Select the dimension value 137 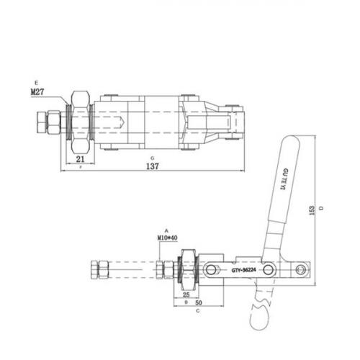click(152, 165)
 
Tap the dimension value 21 click(81, 159)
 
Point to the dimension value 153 click(312, 209)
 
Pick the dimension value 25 click(186, 294)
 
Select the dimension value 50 click(196, 304)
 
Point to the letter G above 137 click(152, 156)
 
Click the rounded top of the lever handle click(291, 143)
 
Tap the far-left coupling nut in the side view click(94, 271)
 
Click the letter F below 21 click(80, 167)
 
